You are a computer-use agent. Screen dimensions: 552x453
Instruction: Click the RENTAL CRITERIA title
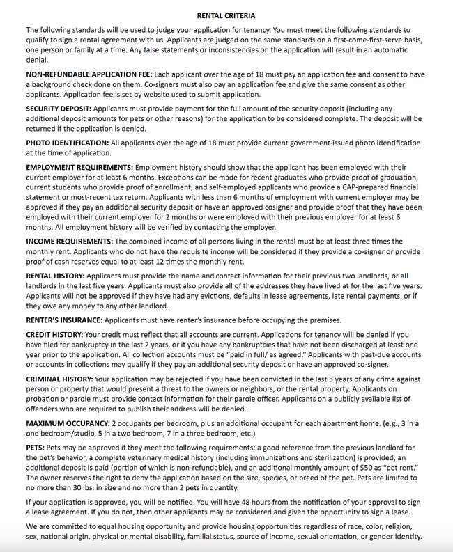click(x=226, y=15)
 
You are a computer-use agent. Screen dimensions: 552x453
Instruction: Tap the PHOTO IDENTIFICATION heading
click(x=67, y=143)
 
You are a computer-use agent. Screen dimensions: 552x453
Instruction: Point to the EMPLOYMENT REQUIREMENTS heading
click(x=79, y=168)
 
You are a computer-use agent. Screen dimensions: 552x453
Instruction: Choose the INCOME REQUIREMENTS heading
click(x=69, y=241)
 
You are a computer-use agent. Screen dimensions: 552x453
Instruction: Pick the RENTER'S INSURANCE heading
click(x=63, y=320)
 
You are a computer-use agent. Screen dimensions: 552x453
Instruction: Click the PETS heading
click(x=36, y=449)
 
